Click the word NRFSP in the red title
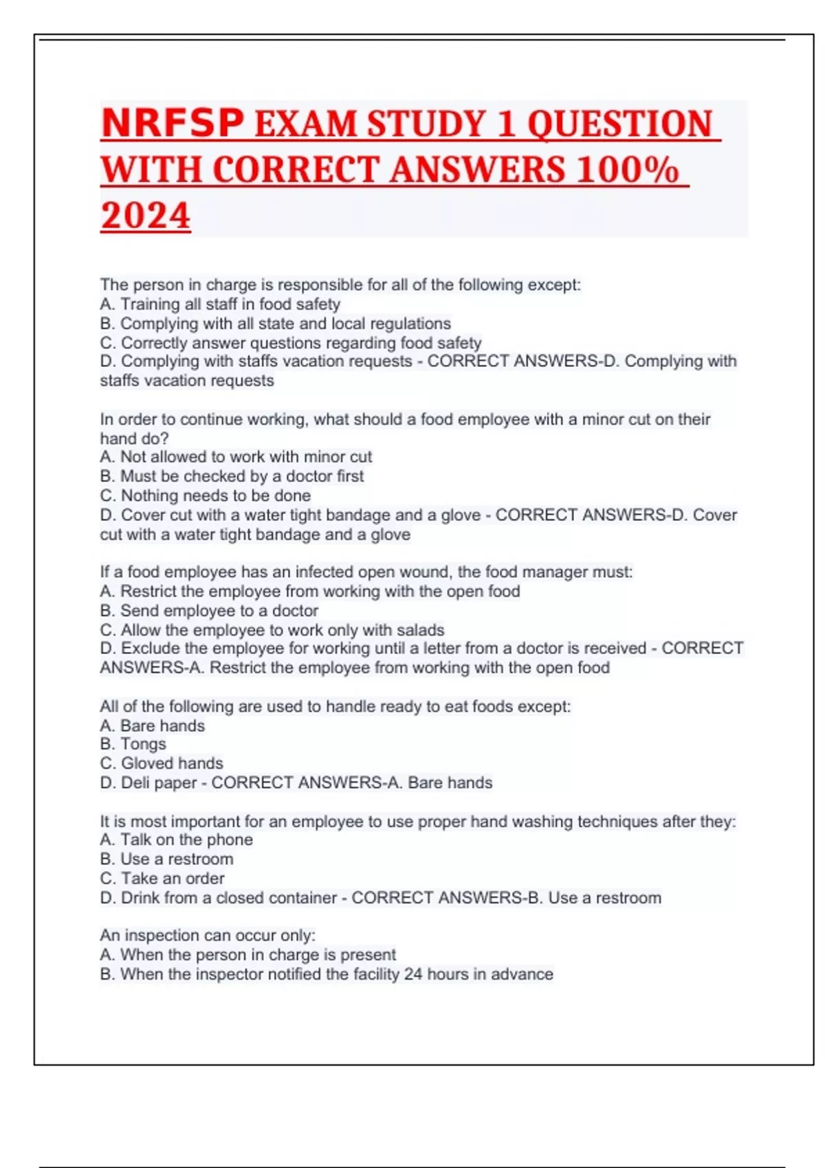click(x=173, y=124)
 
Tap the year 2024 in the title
click(x=146, y=215)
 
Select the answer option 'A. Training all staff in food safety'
click(x=220, y=304)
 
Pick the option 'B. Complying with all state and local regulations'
click(x=275, y=323)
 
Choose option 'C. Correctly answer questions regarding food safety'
click(x=290, y=342)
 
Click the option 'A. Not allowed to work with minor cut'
click(x=236, y=456)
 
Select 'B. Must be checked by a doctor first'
click(x=232, y=475)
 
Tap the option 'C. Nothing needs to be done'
click(x=205, y=495)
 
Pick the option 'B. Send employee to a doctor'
click(x=209, y=610)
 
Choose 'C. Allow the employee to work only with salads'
click(x=272, y=629)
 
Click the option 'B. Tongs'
click(x=133, y=743)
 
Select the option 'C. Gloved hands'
click(x=162, y=763)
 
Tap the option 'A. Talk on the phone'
click(x=176, y=839)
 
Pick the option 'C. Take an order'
click(x=162, y=878)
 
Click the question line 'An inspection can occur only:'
click(x=208, y=935)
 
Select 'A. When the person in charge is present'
click(x=247, y=954)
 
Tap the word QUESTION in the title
click(x=620, y=124)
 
